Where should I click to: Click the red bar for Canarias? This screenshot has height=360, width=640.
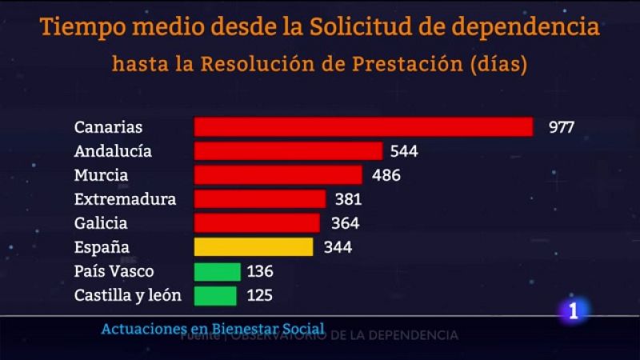[363, 127]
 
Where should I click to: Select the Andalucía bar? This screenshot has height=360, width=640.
[288, 151]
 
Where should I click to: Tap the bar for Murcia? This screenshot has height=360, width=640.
[278, 175]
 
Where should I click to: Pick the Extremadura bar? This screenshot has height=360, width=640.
[260, 199]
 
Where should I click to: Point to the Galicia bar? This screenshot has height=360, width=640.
[257, 223]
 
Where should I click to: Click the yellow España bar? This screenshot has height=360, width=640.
[254, 247]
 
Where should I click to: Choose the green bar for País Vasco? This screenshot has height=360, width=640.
[218, 271]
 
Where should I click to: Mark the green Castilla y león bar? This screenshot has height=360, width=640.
[216, 295]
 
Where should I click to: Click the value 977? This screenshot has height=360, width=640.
[562, 127]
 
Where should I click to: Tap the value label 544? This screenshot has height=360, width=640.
[404, 151]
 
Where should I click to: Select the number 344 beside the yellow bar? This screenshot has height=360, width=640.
[338, 247]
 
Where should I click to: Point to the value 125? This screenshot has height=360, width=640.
[259, 295]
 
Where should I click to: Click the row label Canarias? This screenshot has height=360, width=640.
[108, 127]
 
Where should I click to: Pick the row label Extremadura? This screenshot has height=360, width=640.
[124, 199]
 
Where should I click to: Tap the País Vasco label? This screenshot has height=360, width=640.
[114, 271]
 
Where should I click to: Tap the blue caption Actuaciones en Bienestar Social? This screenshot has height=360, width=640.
[213, 328]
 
